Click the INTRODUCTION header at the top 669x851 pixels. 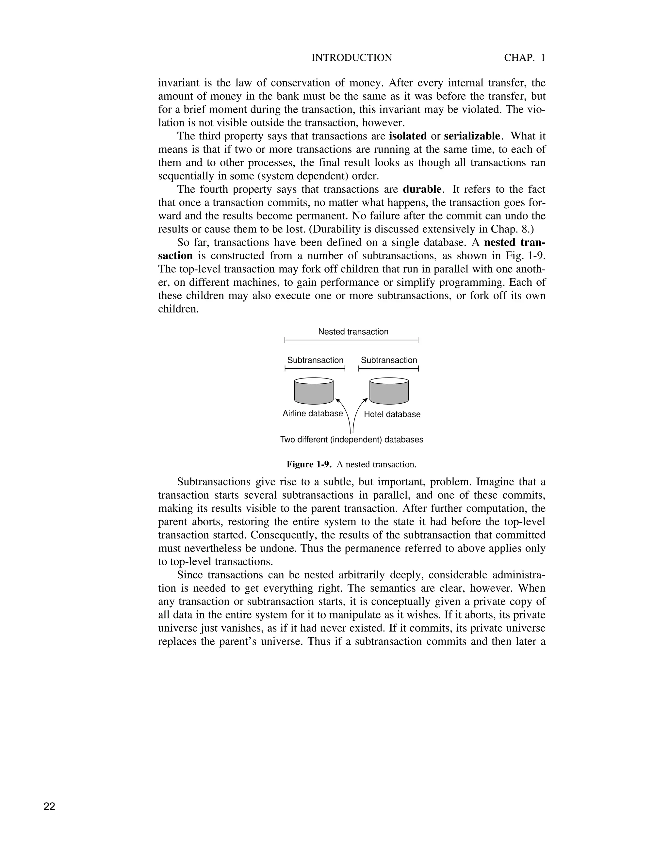351,58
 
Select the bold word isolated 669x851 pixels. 408,136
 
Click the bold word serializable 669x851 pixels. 472,136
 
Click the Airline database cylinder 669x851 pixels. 314,391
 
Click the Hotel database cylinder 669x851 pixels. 389,391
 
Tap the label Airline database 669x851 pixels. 313,413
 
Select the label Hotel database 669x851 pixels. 392,414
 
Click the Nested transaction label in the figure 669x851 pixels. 353,332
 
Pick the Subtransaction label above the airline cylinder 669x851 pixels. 315,360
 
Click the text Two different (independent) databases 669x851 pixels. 351,440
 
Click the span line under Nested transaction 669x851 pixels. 351,340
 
